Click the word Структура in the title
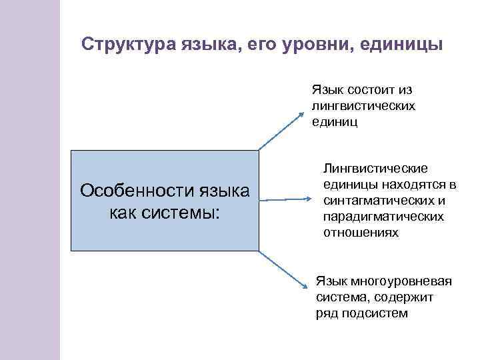pyautogui.click(x=127, y=45)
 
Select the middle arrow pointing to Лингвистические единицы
pyautogui.click(x=283, y=199)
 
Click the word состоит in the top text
pyautogui.click(x=363, y=90)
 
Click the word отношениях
pyautogui.click(x=361, y=233)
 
